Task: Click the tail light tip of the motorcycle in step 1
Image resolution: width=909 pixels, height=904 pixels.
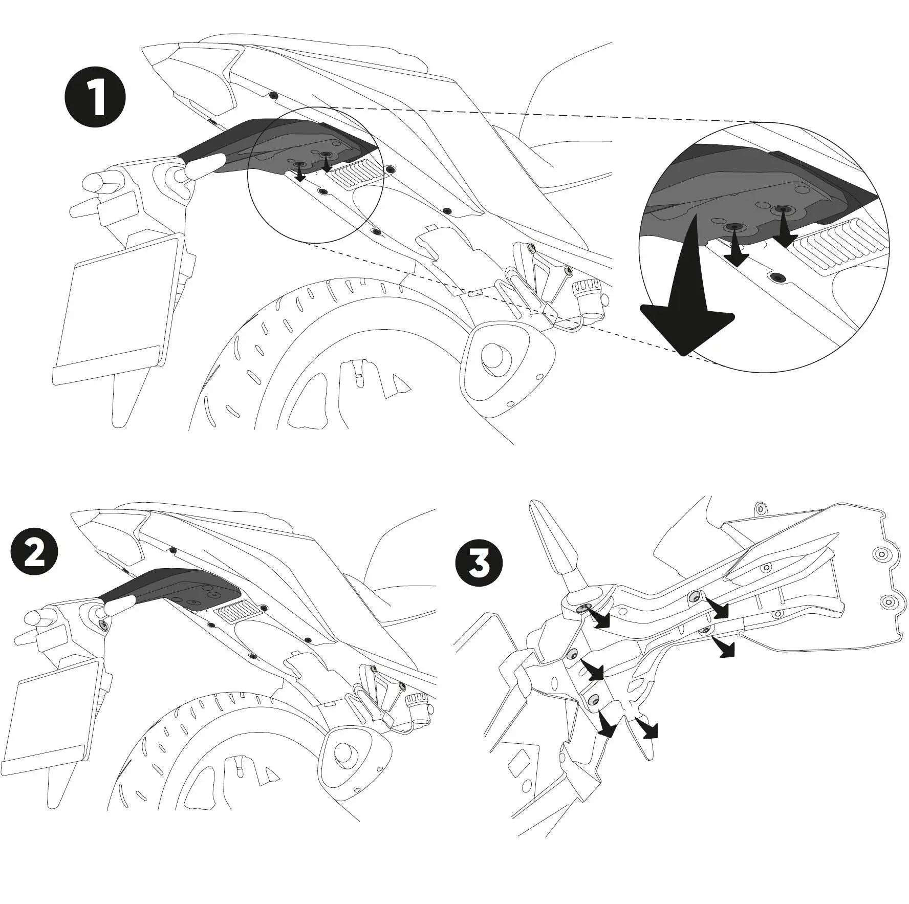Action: pos(154,51)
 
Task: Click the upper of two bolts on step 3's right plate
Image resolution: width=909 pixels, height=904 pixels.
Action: pos(881,554)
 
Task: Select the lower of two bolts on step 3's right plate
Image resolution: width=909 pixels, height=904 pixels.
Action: pos(889,601)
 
